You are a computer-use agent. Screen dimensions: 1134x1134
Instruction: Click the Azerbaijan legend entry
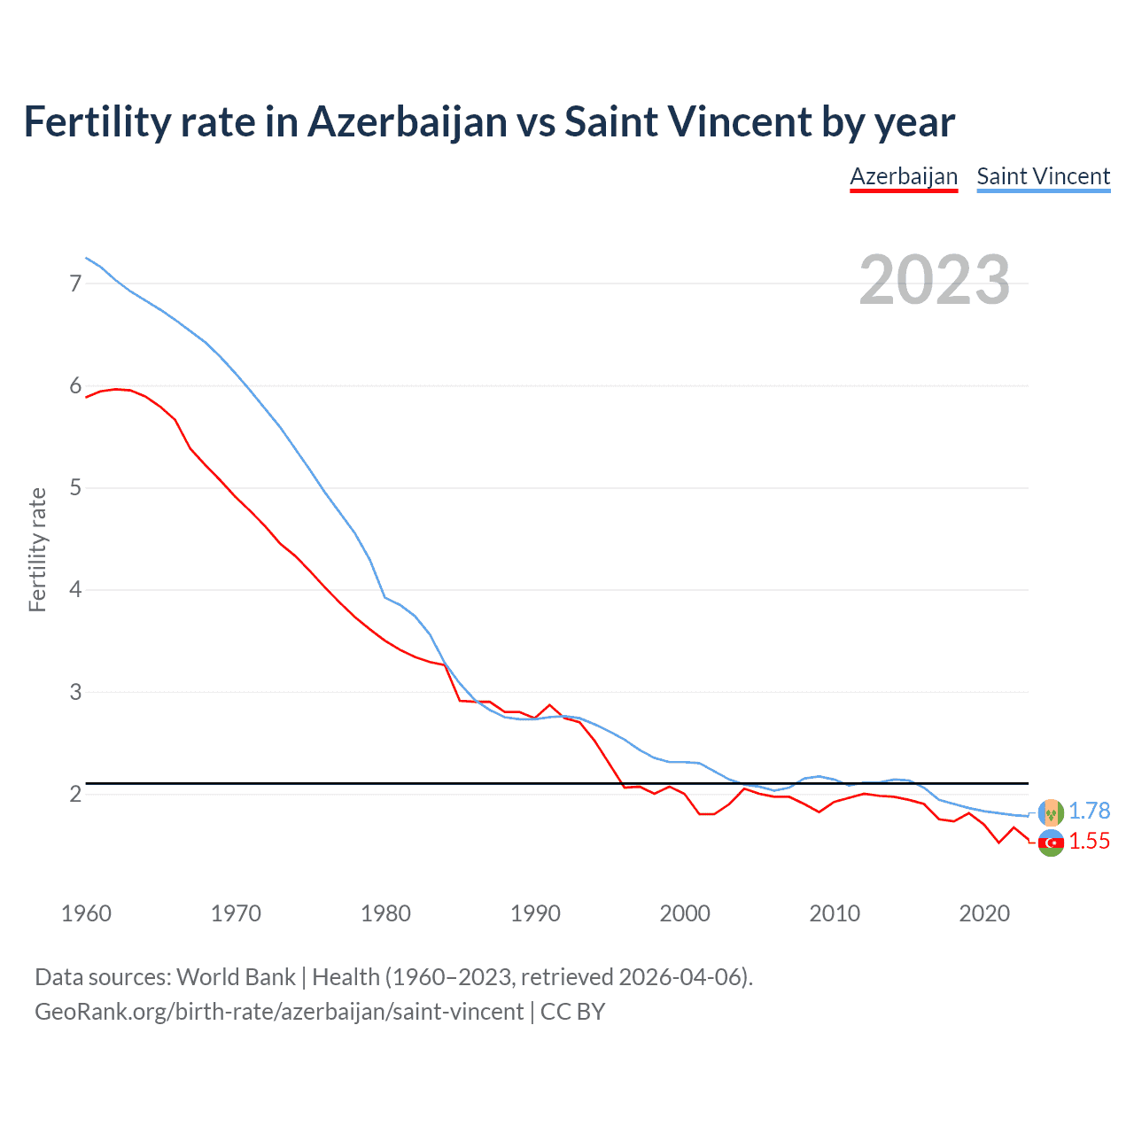point(904,176)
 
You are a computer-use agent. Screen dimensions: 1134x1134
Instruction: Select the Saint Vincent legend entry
point(1043,176)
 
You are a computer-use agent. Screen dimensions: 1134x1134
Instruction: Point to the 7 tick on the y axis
point(75,283)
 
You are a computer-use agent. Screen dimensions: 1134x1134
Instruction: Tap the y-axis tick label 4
point(75,589)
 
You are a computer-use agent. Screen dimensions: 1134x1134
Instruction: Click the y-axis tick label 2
point(75,794)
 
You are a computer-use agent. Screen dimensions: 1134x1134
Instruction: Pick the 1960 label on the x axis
point(86,913)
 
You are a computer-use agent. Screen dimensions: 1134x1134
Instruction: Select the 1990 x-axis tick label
point(535,913)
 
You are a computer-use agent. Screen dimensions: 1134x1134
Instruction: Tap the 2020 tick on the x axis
point(984,913)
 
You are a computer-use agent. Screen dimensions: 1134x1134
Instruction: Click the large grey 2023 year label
point(934,280)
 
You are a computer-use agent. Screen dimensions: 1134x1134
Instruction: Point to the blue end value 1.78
point(1089,812)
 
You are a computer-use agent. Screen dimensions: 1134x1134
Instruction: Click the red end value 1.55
point(1089,842)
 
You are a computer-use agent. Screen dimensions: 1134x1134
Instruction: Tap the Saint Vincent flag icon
point(1051,812)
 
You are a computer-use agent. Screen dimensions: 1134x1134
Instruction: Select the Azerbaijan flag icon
point(1051,843)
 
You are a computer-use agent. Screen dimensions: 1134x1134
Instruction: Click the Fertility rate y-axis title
point(37,549)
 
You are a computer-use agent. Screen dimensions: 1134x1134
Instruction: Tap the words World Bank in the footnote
point(236,977)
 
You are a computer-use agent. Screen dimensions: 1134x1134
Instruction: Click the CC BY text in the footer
point(572,1012)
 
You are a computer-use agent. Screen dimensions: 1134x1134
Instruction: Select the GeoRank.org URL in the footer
point(279,1012)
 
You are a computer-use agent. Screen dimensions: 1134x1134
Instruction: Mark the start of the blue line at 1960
point(86,258)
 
